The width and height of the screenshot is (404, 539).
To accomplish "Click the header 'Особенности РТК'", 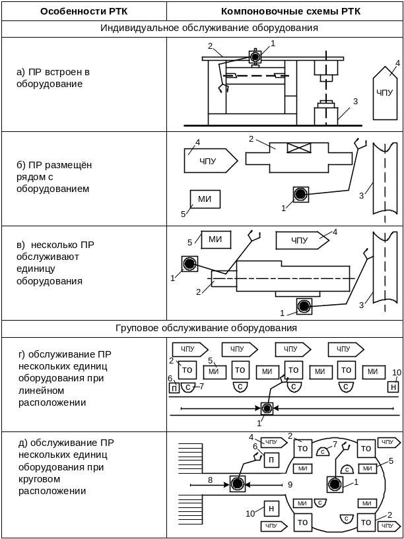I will point(84,11).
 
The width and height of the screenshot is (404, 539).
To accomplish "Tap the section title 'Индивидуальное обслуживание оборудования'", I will point(209,28).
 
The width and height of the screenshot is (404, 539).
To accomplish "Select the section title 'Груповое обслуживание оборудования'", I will point(207,328).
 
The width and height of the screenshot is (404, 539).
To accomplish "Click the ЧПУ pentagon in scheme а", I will point(384,93).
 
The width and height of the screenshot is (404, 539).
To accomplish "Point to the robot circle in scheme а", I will point(255,57).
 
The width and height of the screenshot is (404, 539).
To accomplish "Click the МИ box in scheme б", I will point(205,199).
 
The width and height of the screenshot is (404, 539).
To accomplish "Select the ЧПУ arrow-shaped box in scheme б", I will point(209,160).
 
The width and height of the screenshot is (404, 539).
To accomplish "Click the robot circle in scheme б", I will point(301,194).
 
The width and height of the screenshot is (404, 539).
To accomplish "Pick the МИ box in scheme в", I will point(215,239).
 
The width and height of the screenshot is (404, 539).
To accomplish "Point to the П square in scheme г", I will point(174,387).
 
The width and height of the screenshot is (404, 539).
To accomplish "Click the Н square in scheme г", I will point(393,387).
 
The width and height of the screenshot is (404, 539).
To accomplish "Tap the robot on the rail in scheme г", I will point(267,409).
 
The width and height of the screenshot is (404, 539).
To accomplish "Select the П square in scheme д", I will point(271,460).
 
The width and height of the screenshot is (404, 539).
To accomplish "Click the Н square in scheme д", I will point(271,508).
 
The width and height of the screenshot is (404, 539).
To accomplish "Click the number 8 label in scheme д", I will point(210,480).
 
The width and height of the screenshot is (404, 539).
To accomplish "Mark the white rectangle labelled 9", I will point(286,485).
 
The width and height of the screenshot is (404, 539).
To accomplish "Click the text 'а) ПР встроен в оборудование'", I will point(53,78).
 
